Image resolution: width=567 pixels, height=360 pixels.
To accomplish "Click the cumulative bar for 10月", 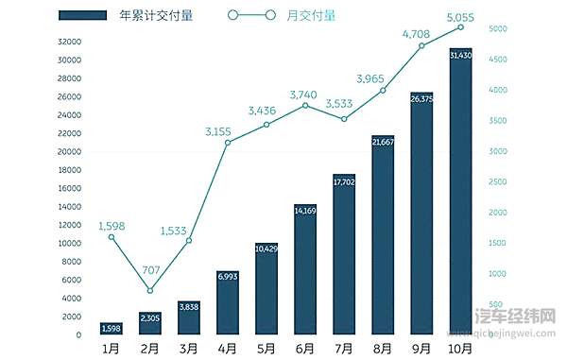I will click(x=460, y=194).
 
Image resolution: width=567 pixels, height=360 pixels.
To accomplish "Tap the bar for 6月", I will click(x=305, y=270).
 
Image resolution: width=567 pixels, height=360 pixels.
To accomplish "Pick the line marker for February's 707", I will click(x=150, y=290).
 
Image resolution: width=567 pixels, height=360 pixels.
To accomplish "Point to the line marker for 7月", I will click(x=344, y=119).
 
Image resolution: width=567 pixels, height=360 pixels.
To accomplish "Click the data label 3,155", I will click(x=227, y=131).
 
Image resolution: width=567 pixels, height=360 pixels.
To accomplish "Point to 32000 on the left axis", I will click(x=68, y=43).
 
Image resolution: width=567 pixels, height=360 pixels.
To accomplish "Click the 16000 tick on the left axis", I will click(x=68, y=189).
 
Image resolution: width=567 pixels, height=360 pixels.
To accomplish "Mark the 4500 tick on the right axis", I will click(x=499, y=60).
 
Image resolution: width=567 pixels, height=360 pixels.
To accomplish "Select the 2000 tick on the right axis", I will click(x=499, y=213).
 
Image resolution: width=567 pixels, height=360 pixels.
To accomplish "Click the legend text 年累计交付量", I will click(x=157, y=15).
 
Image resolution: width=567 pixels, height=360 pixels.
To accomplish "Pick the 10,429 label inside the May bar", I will click(x=266, y=249).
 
